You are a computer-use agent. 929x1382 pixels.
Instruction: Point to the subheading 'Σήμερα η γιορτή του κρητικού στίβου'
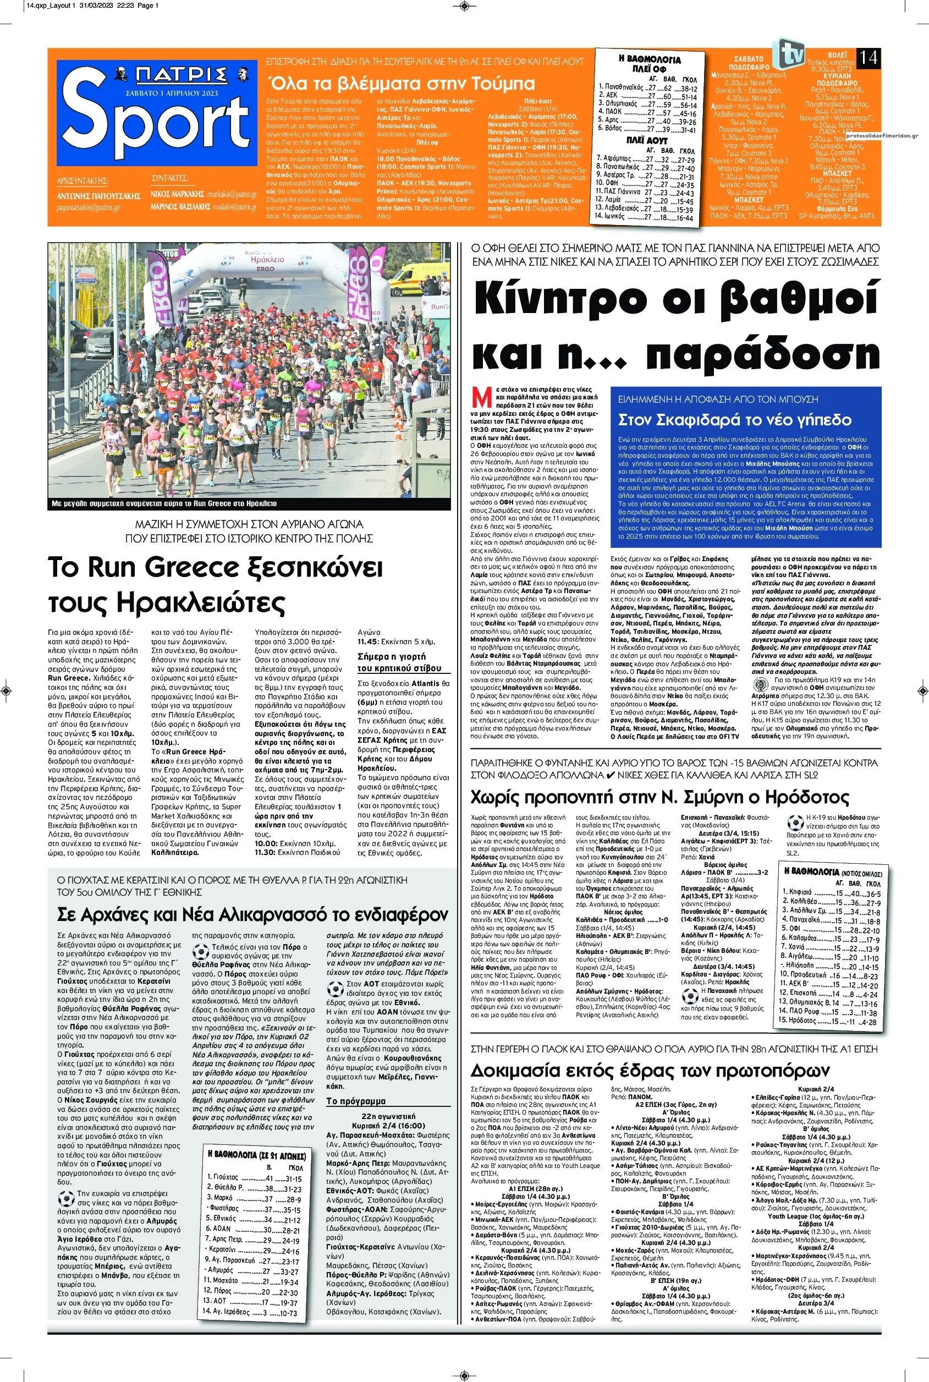pyautogui.click(x=399, y=662)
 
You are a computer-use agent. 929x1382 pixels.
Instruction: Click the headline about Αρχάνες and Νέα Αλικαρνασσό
pyautogui.click(x=252, y=913)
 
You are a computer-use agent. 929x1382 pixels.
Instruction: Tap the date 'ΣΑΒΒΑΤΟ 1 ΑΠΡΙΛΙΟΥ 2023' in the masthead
pyautogui.click(x=172, y=94)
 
